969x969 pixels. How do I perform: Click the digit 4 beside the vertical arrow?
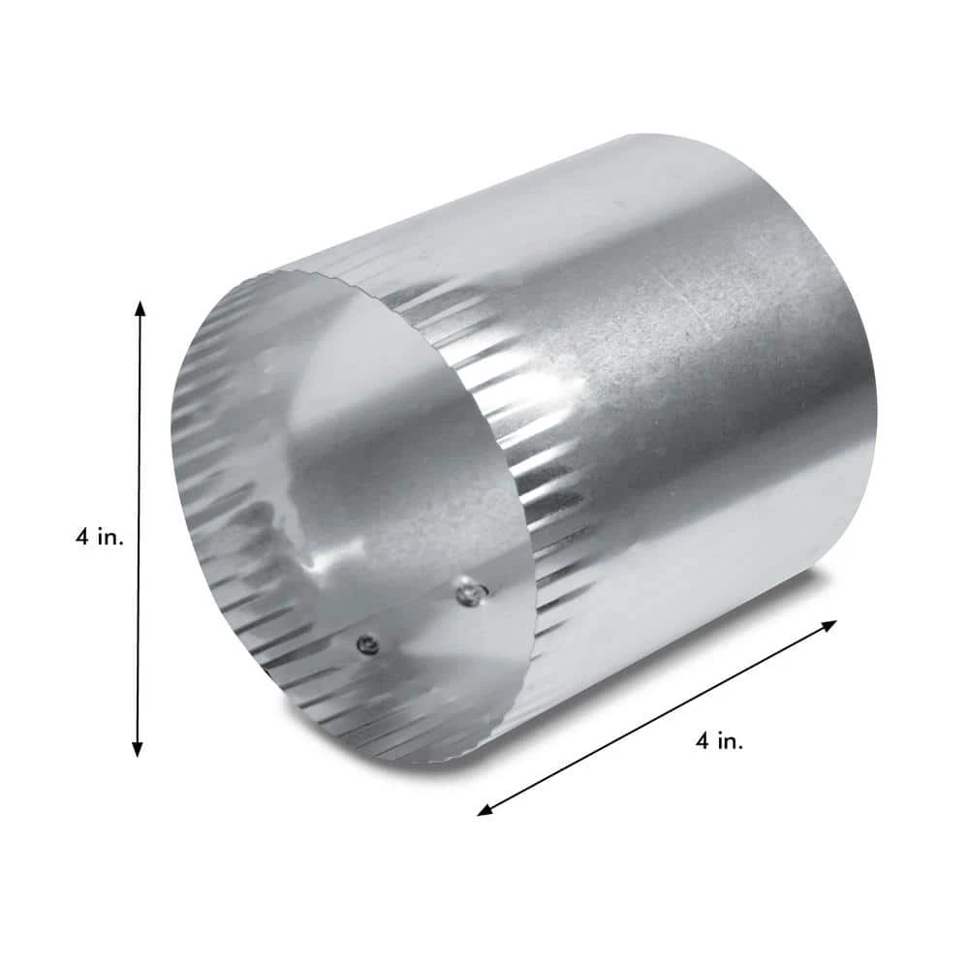click(x=83, y=537)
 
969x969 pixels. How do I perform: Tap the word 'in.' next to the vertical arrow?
click(x=110, y=537)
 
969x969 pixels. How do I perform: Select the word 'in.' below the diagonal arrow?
click(x=731, y=740)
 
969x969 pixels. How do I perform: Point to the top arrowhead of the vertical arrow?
click(x=141, y=308)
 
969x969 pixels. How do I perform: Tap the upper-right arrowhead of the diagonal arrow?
click(x=829, y=625)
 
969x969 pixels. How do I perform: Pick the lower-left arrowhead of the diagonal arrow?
click(x=485, y=811)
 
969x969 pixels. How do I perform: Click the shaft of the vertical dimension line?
click(x=139, y=528)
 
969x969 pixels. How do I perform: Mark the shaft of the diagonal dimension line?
click(x=658, y=718)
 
